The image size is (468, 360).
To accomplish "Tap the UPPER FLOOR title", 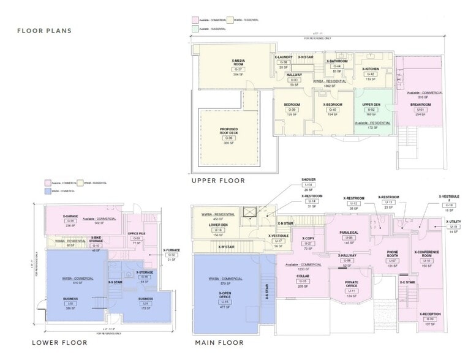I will point(218,180).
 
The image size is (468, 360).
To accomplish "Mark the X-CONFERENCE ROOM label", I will point(427,254).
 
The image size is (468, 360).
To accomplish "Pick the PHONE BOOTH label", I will point(393,254).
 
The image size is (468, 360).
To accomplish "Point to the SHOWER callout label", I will point(308,179).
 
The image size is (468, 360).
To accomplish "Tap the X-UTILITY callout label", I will point(453,222).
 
